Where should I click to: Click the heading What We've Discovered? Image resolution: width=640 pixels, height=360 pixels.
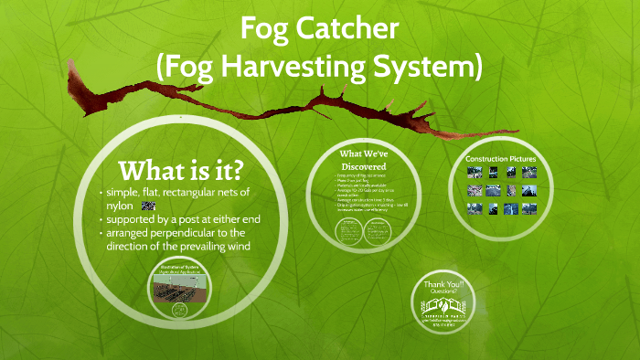click(x=364, y=159)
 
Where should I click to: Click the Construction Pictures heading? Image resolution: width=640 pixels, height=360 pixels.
click(x=500, y=160)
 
